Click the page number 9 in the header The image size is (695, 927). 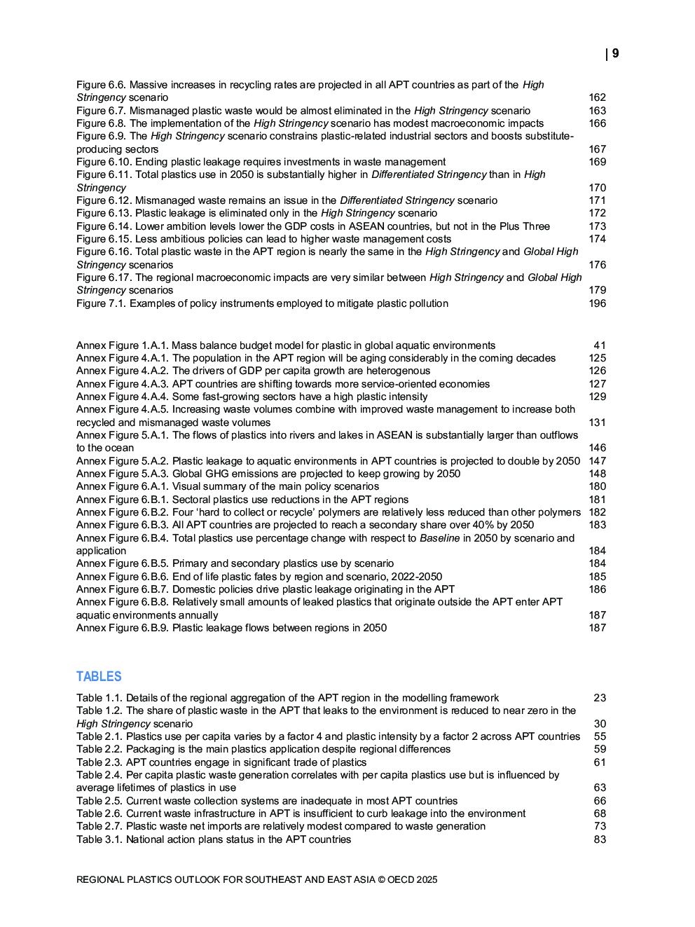615,53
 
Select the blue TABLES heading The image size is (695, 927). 99,676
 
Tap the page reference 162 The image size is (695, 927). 597,97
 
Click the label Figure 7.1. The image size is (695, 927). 101,303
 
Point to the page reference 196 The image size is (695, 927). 597,303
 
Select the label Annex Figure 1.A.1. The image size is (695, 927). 122,345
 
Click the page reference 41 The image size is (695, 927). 600,345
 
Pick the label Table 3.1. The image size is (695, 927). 99,839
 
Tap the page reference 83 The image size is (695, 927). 600,839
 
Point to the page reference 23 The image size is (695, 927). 600,698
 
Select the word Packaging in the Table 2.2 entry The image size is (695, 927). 151,749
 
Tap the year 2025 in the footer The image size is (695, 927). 427,879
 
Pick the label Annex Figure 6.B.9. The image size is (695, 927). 122,628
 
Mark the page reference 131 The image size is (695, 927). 597,423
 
